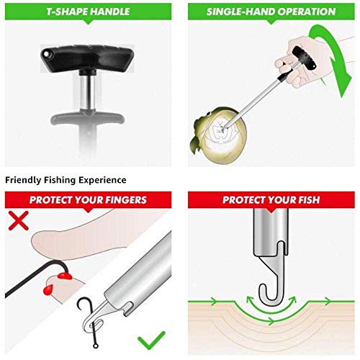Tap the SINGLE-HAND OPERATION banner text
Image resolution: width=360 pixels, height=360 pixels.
pyautogui.click(x=271, y=12)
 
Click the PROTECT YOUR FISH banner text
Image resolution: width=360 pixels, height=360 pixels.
pyautogui.click(x=271, y=199)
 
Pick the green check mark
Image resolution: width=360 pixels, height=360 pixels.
pyautogui.click(x=151, y=337)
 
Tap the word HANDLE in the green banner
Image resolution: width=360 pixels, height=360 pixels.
pyautogui.click(x=108, y=12)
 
